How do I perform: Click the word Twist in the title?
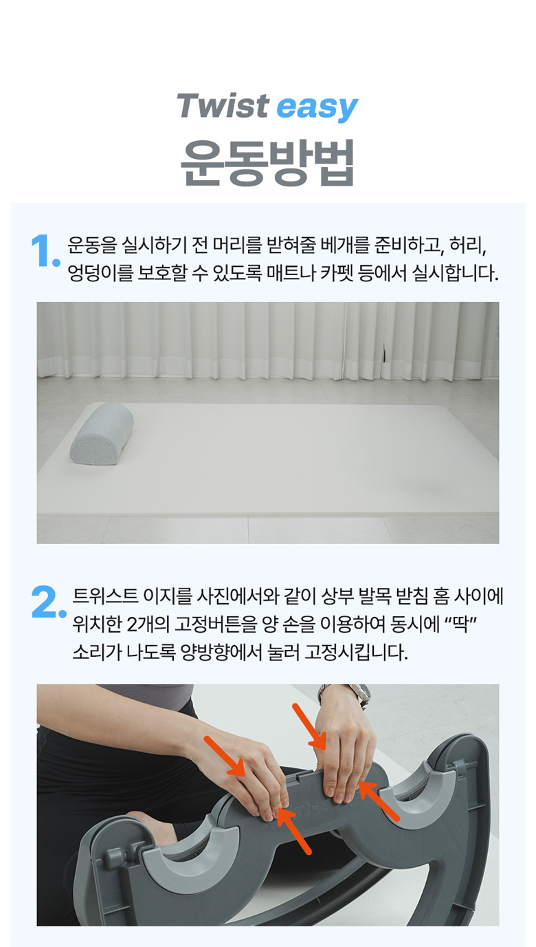click(223, 105)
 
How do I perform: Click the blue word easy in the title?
click(317, 108)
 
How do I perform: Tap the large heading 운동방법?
click(267, 163)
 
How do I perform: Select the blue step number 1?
click(45, 251)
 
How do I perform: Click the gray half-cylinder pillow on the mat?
click(102, 434)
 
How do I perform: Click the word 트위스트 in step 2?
click(105, 596)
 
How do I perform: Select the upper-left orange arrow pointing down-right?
click(225, 756)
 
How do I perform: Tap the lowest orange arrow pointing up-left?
click(294, 831)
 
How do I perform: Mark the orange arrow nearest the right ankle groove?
click(379, 801)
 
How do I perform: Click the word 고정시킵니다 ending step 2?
click(357, 652)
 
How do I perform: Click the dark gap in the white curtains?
click(384, 349)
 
